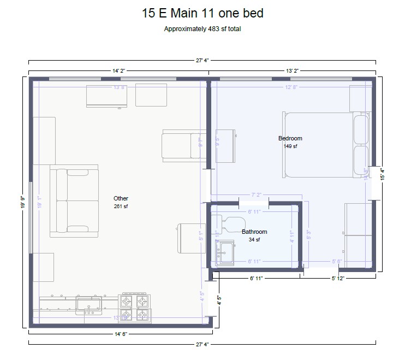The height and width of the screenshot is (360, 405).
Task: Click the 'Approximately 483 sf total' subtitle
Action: point(202,29)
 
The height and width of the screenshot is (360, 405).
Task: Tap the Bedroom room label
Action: point(290,139)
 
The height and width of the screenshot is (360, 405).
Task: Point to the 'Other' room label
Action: point(121,199)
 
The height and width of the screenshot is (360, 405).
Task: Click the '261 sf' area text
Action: point(121,206)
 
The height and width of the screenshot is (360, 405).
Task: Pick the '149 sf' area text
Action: point(290,146)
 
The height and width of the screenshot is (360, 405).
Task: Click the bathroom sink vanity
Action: point(224,253)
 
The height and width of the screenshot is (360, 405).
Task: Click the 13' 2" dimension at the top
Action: point(293,70)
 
